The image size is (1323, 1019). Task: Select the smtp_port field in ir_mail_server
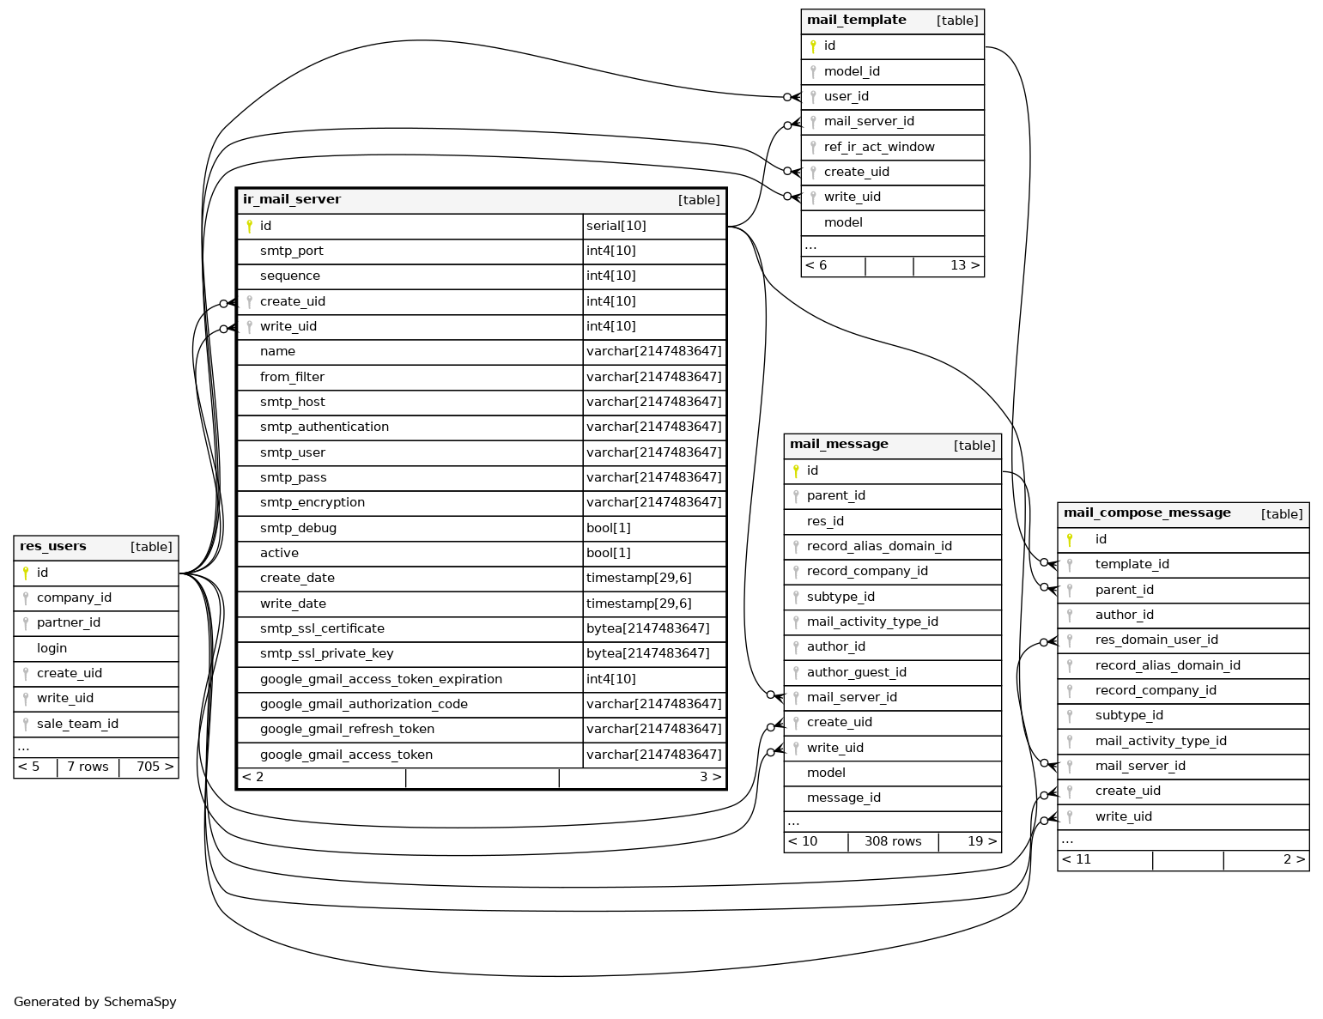point(292,251)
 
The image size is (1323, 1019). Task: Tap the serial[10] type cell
point(616,226)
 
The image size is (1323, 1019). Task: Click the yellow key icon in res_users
point(26,573)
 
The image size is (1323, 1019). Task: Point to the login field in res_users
point(52,648)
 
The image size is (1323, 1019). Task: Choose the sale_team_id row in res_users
point(77,724)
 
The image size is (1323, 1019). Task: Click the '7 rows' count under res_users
point(88,767)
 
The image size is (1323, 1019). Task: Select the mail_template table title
point(856,21)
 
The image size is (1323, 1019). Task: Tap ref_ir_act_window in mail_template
point(879,147)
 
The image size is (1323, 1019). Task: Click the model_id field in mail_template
point(852,71)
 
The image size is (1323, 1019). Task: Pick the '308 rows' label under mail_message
point(893,841)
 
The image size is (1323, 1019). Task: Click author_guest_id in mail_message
point(856,672)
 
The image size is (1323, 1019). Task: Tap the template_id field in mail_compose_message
point(1132,564)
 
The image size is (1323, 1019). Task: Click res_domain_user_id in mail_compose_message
point(1156,640)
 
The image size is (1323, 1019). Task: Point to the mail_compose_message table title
point(1147,513)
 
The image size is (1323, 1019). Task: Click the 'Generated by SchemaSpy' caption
point(95,1002)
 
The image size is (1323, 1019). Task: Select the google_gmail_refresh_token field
point(347,729)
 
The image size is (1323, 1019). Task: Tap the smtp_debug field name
point(298,528)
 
